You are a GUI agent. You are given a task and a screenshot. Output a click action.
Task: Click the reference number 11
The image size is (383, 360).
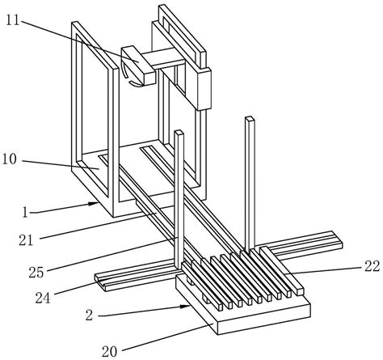click(x=13, y=20)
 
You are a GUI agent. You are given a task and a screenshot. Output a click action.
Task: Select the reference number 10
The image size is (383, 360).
click(x=10, y=160)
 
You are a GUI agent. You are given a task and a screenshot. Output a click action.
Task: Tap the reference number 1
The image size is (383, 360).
click(x=25, y=213)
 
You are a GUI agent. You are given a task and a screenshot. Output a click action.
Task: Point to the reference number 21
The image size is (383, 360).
click(x=26, y=239)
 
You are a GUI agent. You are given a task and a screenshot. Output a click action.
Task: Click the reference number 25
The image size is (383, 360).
click(x=36, y=273)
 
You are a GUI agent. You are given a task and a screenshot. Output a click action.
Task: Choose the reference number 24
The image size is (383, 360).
click(x=43, y=298)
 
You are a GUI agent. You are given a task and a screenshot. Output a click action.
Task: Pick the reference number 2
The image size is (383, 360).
click(x=90, y=315)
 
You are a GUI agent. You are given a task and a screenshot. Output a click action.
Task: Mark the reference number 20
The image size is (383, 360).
click(x=110, y=352)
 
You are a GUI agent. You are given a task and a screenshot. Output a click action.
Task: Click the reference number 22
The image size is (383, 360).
click(x=372, y=266)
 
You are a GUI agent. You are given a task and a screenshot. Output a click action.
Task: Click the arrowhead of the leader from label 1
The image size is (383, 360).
click(x=95, y=203)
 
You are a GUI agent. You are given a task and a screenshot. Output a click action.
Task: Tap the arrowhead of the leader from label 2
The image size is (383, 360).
click(x=187, y=307)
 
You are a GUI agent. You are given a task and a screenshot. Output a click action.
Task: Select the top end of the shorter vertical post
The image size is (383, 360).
click(x=179, y=133)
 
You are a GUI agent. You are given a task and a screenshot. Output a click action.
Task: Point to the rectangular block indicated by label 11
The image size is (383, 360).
click(x=138, y=65)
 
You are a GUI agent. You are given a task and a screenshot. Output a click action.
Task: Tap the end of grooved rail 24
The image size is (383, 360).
click(x=100, y=282)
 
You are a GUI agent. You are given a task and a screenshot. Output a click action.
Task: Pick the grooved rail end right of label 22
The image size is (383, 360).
click(x=337, y=239)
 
